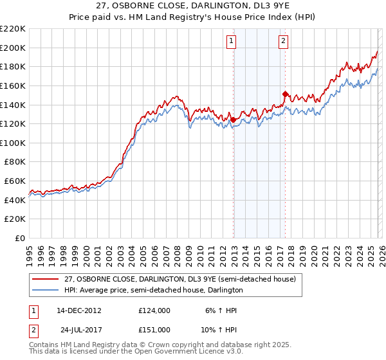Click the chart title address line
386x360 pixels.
click(193, 7)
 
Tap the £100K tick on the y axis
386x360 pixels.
click(13, 143)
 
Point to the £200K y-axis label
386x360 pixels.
click(13, 48)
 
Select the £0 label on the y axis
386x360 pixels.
click(19, 239)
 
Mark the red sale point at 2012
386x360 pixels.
click(233, 120)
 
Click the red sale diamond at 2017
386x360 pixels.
click(285, 94)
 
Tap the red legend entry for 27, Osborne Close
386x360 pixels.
click(179, 279)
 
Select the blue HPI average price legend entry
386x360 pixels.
click(154, 291)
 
